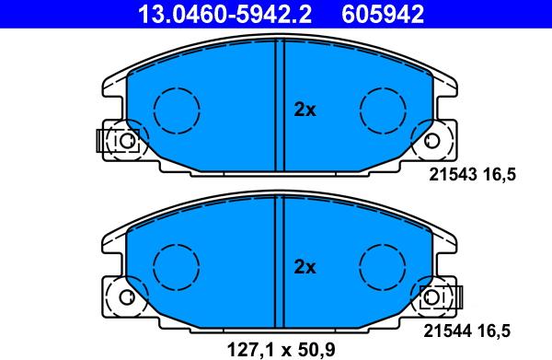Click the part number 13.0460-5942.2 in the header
(x=224, y=14)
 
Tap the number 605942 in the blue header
(x=383, y=14)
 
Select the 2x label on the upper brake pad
(x=305, y=110)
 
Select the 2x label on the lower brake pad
(x=305, y=267)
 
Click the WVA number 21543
(x=453, y=174)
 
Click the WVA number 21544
(x=447, y=331)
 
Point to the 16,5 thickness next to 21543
(x=500, y=175)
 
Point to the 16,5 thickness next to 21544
(x=493, y=331)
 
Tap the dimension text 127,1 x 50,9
(x=281, y=350)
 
